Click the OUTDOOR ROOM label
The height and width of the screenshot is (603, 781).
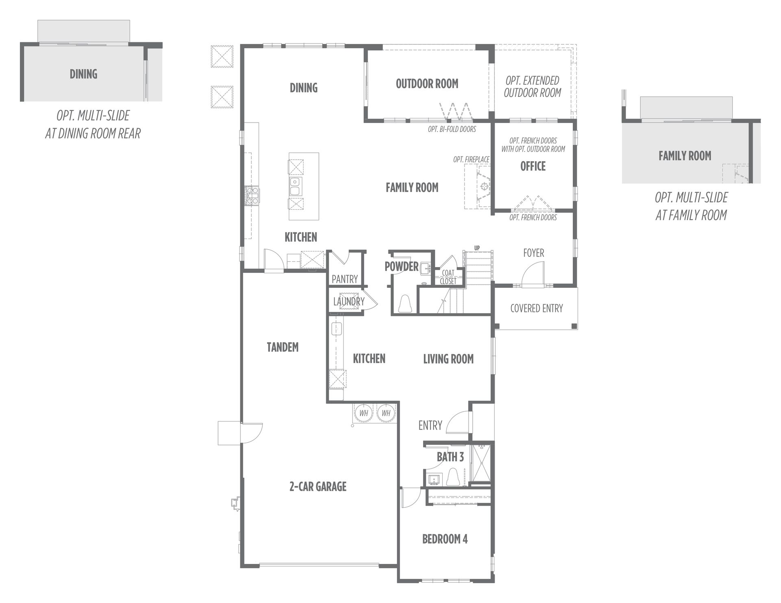coord(427,84)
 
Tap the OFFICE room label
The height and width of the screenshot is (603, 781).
coord(533,166)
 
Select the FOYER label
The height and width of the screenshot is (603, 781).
coord(533,253)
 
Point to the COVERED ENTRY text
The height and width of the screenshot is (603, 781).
coord(537,308)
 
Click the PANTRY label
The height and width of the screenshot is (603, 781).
coord(345,279)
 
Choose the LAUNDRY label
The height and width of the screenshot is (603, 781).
coord(349,301)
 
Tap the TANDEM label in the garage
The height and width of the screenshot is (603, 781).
coord(283,347)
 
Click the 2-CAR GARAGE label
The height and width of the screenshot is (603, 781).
coord(318,486)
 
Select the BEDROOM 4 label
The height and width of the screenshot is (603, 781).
coord(445,539)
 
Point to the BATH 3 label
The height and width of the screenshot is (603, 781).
coord(450,457)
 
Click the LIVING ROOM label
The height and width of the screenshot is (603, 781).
coord(448,359)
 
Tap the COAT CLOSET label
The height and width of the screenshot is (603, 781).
coord(448,277)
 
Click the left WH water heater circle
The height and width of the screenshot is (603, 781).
coord(363,413)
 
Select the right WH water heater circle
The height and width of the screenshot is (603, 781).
coord(386,413)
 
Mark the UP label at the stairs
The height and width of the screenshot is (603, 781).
coord(477,248)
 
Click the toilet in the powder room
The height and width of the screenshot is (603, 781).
coord(405,304)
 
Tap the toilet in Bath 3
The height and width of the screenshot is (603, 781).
coord(453,477)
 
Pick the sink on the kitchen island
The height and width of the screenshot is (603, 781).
coord(295,186)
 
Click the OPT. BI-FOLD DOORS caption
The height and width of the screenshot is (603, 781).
coord(452,129)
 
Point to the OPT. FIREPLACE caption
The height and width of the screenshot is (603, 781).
coord(471,160)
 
